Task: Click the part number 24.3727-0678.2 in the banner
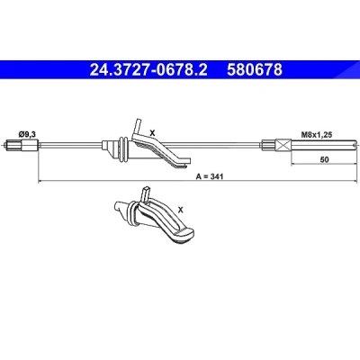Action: pyautogui.click(x=148, y=70)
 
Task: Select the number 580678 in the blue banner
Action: pyautogui.click(x=255, y=70)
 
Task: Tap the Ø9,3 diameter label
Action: pyautogui.click(x=27, y=135)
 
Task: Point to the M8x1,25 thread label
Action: pyautogui.click(x=317, y=135)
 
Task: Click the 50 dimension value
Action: pyautogui.click(x=324, y=159)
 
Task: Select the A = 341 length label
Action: pyautogui.click(x=210, y=176)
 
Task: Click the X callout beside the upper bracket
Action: pyautogui.click(x=152, y=132)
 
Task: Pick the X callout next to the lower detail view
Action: pyautogui.click(x=180, y=210)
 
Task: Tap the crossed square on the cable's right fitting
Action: pyautogui.click(x=283, y=146)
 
